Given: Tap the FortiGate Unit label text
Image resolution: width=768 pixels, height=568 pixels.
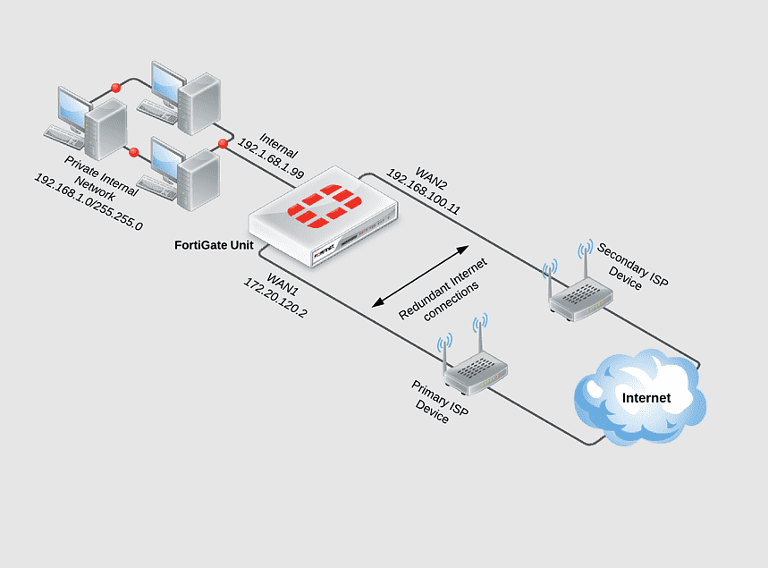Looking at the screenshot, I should tap(215, 244).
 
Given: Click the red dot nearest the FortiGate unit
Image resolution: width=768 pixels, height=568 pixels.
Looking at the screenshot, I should tap(223, 143).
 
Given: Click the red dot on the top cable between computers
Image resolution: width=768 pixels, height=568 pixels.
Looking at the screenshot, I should tap(115, 87).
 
